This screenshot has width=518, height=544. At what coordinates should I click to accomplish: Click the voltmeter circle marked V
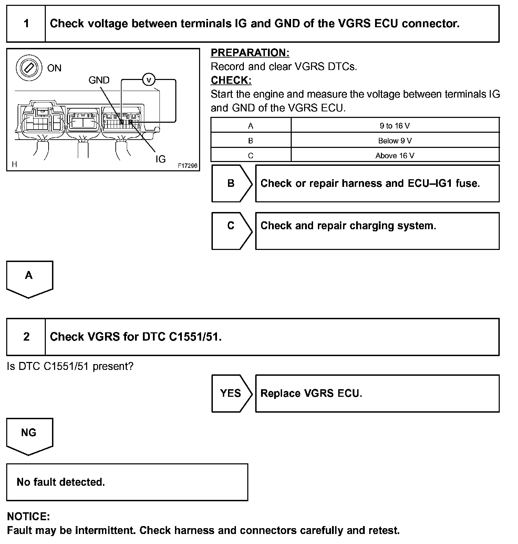(149, 80)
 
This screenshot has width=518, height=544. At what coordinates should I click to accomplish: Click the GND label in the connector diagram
(99, 80)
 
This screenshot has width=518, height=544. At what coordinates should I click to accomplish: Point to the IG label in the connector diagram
(160, 159)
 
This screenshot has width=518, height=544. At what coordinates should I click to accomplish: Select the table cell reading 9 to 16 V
(395, 126)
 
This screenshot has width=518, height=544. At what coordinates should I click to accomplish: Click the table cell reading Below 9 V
(395, 141)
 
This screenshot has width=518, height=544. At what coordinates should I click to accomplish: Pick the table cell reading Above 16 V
(395, 155)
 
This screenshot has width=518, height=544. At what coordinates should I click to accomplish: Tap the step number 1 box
(26, 24)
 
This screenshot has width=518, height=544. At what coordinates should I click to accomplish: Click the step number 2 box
(26, 337)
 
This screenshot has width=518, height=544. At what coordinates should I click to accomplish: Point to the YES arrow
(231, 393)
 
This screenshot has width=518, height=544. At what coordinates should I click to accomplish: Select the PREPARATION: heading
(250, 53)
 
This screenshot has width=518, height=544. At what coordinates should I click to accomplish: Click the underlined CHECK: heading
(231, 80)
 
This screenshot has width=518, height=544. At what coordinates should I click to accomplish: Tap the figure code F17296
(188, 166)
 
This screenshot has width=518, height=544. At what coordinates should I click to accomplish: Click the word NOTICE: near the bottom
(29, 516)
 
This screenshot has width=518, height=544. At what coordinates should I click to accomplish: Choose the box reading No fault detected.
(127, 482)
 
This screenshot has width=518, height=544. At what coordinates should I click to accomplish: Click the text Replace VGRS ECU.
(311, 393)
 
